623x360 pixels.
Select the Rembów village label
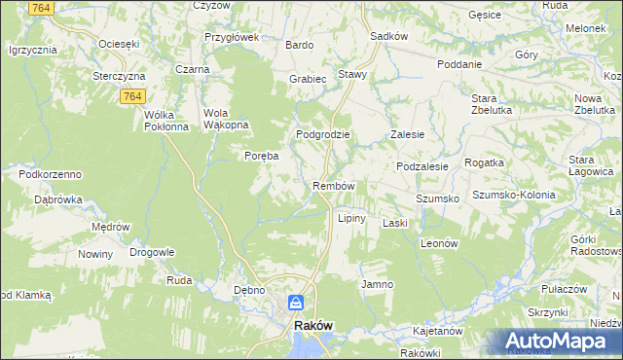(x=333, y=186)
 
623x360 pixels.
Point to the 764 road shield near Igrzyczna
(x=41, y=8)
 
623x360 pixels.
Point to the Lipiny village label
(x=351, y=218)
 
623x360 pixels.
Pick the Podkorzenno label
(x=50, y=173)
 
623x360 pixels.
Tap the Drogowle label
(x=151, y=252)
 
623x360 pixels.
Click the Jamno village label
(x=377, y=284)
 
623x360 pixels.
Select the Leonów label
(x=439, y=244)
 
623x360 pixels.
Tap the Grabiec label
(x=307, y=79)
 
